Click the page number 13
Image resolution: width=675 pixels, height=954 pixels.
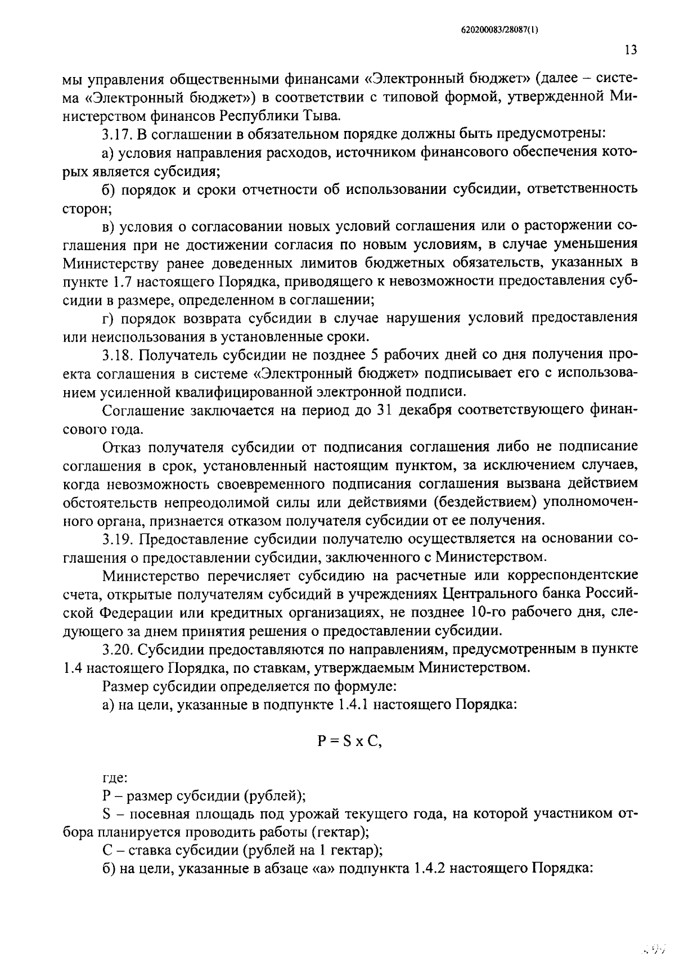[631, 50]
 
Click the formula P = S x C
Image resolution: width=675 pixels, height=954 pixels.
[349, 741]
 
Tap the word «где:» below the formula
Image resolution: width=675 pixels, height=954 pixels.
[115, 779]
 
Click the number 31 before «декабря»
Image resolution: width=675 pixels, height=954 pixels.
[383, 410]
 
